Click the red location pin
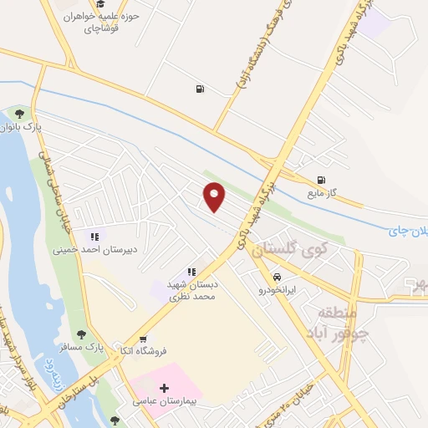216,197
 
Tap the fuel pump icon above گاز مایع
321,180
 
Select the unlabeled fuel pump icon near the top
199,89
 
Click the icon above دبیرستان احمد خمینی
94,237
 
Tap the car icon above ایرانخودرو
276,277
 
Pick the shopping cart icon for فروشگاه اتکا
143,339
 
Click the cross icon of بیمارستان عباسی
164,388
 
